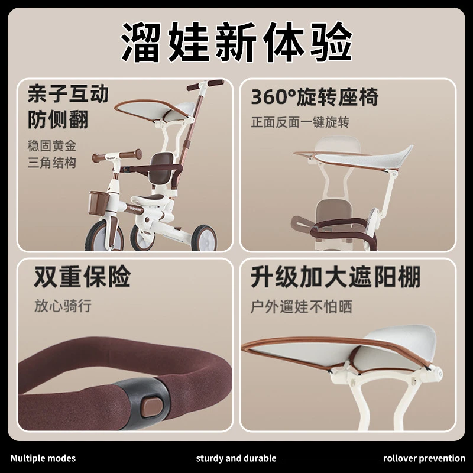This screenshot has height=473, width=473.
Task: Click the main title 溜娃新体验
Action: (237, 42)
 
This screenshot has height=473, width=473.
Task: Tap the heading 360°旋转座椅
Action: (315, 97)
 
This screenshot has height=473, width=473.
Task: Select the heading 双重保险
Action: (82, 277)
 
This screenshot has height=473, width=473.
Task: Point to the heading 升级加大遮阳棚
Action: (335, 277)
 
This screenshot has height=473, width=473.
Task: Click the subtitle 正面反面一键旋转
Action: (300, 122)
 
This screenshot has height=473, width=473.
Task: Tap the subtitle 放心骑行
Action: (63, 306)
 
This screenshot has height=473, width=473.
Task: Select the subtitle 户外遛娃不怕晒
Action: (302, 307)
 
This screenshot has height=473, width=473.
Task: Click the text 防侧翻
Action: (58, 120)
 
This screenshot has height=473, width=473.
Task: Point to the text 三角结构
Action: (52, 163)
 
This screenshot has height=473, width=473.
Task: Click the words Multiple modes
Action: (43, 459)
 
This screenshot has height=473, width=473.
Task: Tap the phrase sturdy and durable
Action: (236, 459)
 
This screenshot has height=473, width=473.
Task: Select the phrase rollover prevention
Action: (424, 459)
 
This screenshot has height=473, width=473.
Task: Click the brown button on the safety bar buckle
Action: (153, 407)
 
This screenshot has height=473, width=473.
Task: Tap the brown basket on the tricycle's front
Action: (99, 202)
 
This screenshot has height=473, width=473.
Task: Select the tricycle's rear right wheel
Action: (204, 238)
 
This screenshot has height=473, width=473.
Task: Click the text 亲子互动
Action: (68, 94)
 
